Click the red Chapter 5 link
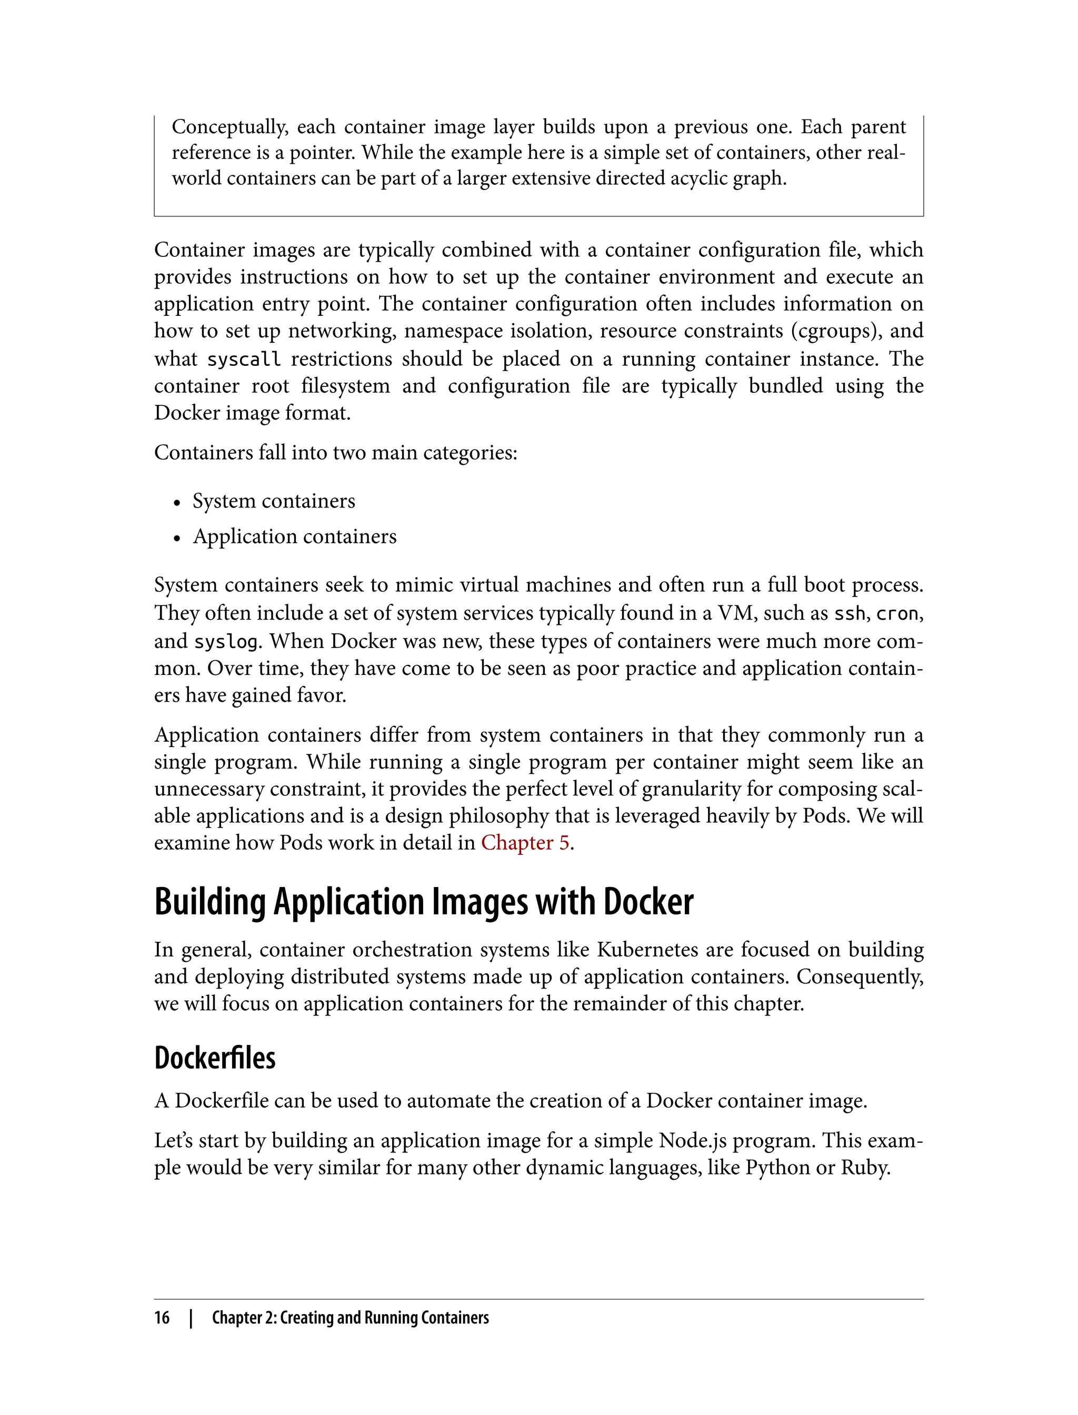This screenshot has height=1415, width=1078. [525, 843]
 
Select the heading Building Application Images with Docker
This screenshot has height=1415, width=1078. [424, 902]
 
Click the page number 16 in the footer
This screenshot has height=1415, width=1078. [162, 1318]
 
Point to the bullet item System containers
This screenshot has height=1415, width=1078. [273, 501]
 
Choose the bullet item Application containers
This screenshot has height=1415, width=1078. [295, 536]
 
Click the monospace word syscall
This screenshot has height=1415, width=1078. [244, 358]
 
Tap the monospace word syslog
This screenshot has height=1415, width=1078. [226, 641]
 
